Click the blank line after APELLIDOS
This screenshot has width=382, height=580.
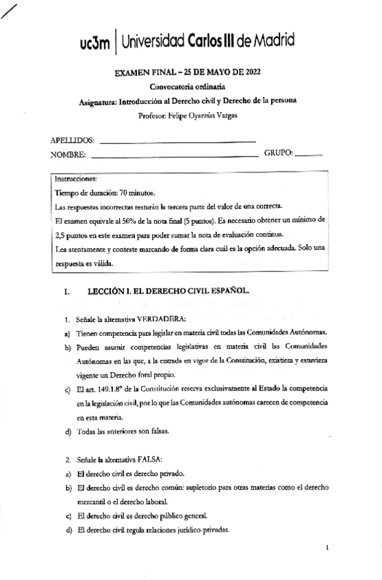tap(177, 142)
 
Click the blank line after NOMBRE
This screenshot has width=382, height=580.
tap(175, 155)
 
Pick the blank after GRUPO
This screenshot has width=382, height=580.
tap(310, 155)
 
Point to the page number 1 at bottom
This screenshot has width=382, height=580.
tap(328, 547)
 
